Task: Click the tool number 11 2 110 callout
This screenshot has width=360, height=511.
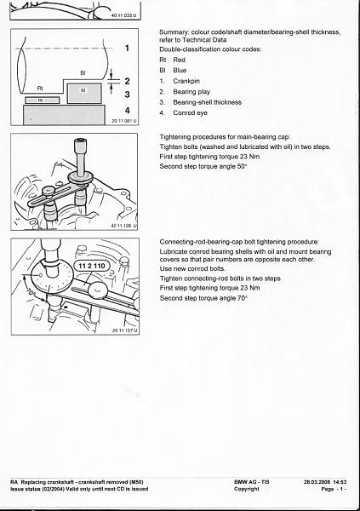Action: (x=92, y=266)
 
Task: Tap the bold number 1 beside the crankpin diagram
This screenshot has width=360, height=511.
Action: (x=127, y=49)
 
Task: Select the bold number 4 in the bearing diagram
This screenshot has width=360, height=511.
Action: (x=127, y=111)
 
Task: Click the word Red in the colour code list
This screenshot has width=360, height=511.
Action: (x=180, y=60)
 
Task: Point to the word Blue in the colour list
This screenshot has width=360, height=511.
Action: (x=180, y=71)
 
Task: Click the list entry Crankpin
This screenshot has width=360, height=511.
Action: (x=186, y=81)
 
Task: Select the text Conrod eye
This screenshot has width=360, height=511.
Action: (x=191, y=113)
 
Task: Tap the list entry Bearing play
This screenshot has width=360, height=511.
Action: (x=191, y=92)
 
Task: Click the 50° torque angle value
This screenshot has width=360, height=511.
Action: (x=242, y=166)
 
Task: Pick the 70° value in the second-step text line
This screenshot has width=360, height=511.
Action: (x=243, y=298)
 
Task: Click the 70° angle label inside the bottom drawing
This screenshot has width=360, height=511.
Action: (x=31, y=293)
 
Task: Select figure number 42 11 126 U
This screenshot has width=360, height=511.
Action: (x=124, y=226)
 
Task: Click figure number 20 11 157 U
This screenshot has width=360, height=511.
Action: (x=124, y=330)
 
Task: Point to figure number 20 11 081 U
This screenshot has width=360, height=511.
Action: (x=124, y=121)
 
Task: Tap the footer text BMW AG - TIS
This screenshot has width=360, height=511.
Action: (x=252, y=482)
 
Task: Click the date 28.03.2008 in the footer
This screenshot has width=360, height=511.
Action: (x=317, y=482)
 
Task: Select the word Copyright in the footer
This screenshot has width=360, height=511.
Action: (x=246, y=489)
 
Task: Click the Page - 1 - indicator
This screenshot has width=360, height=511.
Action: (x=334, y=489)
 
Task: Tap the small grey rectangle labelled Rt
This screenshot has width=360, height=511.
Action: (x=42, y=100)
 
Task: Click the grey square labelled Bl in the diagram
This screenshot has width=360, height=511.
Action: (x=84, y=94)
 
